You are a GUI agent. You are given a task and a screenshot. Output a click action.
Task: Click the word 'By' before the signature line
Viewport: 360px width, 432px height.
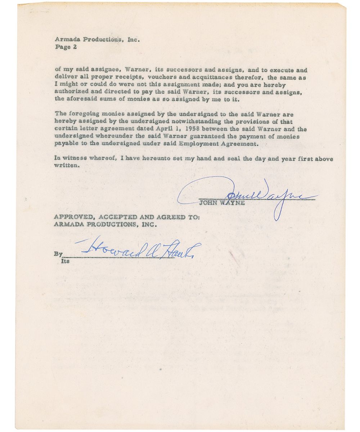tap(58, 254)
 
